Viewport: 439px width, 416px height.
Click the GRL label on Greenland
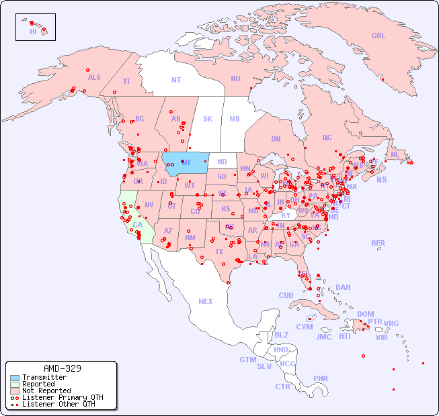click(378, 36)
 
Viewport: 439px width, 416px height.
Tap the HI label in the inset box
click(33, 32)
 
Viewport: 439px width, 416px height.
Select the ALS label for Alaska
click(94, 77)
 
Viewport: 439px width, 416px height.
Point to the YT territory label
click(126, 81)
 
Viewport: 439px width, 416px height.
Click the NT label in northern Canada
click(176, 80)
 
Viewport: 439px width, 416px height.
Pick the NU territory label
click(235, 79)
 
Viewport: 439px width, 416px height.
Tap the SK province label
click(208, 119)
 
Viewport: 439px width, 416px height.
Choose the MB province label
click(234, 119)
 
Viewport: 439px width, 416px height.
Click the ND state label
click(222, 162)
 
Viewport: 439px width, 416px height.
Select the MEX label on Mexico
click(206, 301)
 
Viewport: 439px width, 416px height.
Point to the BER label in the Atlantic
click(378, 243)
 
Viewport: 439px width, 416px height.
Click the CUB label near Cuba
click(286, 295)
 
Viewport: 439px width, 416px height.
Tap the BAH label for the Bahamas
click(343, 287)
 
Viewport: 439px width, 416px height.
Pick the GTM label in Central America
click(247, 360)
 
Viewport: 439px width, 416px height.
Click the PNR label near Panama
click(321, 378)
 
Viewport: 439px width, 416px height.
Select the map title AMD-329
click(62, 368)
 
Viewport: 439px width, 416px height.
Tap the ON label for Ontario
click(276, 139)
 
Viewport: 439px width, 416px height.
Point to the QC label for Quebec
click(327, 138)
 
